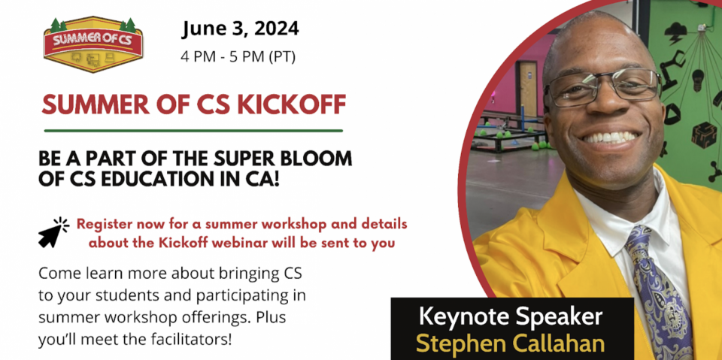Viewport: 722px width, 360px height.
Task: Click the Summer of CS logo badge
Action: point(93,44)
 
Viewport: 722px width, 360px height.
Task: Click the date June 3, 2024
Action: point(240,29)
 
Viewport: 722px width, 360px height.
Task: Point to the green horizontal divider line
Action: point(193,131)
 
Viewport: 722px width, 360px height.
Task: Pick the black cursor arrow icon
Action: point(53,232)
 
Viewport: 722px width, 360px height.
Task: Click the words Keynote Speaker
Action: point(511,318)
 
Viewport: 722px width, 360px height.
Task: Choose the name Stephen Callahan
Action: point(511,343)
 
